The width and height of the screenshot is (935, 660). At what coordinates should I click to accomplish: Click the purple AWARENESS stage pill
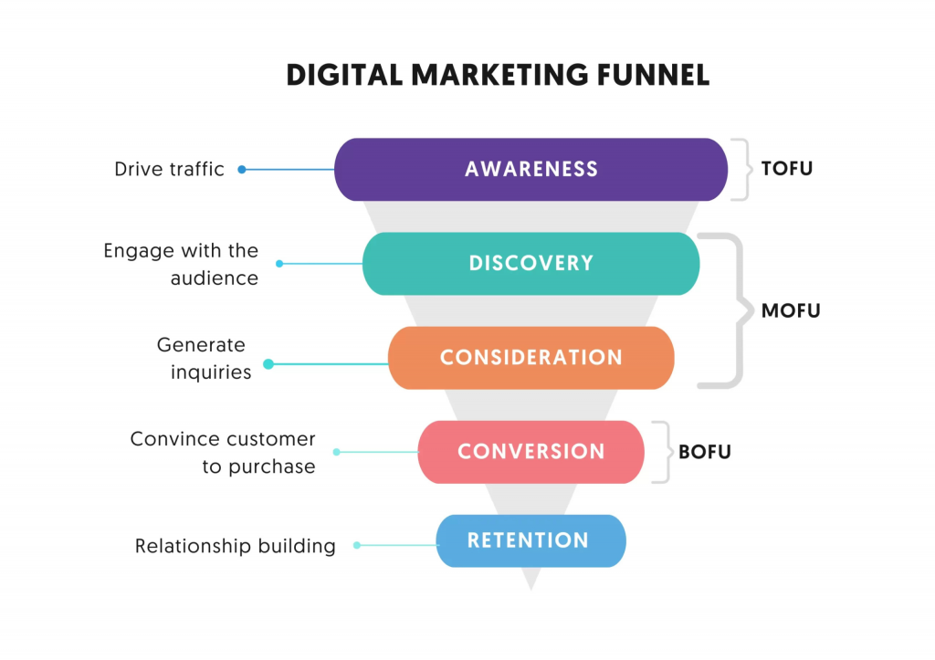coord(531,169)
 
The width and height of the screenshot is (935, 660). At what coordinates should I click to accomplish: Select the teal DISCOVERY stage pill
coord(531,263)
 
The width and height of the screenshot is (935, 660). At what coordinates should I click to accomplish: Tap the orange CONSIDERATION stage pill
coord(531,357)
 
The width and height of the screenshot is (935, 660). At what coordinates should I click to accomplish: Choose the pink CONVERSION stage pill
coord(531,451)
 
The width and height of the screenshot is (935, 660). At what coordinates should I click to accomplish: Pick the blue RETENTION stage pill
coord(531,540)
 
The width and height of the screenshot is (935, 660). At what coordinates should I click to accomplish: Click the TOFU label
coord(786,169)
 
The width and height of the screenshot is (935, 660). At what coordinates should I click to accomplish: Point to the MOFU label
coord(791,310)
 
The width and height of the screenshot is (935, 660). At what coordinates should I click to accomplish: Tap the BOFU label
coord(705,451)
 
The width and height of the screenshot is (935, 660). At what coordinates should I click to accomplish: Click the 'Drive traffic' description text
coord(169,169)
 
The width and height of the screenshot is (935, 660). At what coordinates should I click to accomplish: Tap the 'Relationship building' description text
coord(235,546)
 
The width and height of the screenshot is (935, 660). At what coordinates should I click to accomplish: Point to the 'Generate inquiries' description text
coord(203,359)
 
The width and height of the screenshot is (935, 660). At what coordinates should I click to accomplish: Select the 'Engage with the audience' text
coord(181,264)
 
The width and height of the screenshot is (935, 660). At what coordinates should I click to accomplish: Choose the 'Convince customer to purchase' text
coord(223,453)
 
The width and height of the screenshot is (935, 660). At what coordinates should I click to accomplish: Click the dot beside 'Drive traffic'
coord(242,169)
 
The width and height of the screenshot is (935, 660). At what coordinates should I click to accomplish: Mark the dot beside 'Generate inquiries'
coord(268,364)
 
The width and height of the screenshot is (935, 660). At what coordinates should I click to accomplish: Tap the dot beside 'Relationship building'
coord(357,546)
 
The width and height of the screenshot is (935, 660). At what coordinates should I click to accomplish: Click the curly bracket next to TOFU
coord(741,169)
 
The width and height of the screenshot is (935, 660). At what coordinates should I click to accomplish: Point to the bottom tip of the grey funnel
coord(531,587)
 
